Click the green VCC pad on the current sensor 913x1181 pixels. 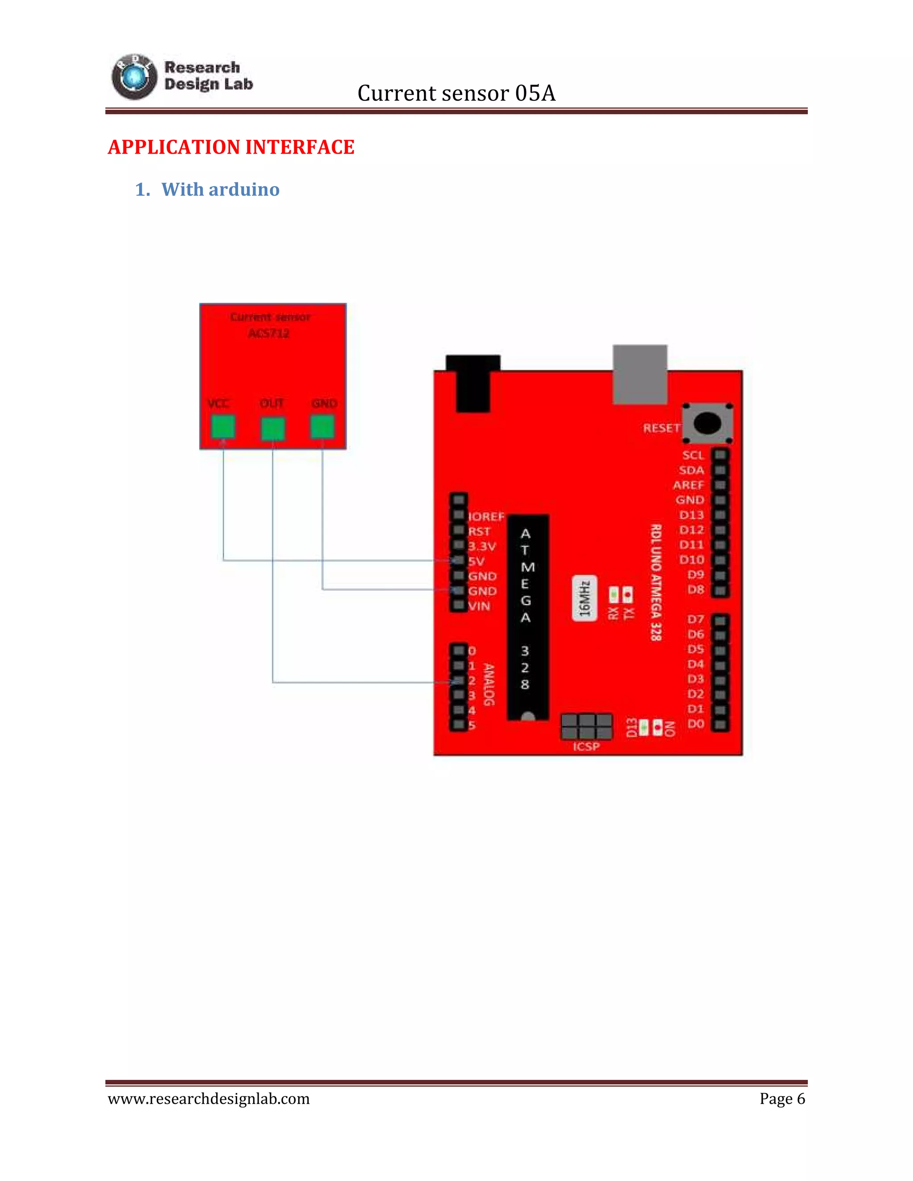click(223, 426)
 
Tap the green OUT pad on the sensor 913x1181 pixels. click(272, 428)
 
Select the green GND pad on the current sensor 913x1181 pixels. click(322, 426)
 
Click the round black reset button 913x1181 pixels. click(707, 423)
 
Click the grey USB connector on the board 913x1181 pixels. click(640, 374)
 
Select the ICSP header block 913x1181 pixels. click(586, 726)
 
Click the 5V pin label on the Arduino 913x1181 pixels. click(477, 561)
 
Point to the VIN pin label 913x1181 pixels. click(479, 606)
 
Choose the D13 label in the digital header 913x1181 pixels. click(691, 515)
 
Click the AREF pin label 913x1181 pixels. click(688, 485)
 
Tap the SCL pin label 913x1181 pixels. click(692, 455)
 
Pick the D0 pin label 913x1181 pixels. click(695, 723)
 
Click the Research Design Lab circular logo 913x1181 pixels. click(134, 77)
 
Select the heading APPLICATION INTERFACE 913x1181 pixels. click(231, 147)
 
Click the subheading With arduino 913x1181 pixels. click(220, 189)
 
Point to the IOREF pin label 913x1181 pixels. click(486, 517)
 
